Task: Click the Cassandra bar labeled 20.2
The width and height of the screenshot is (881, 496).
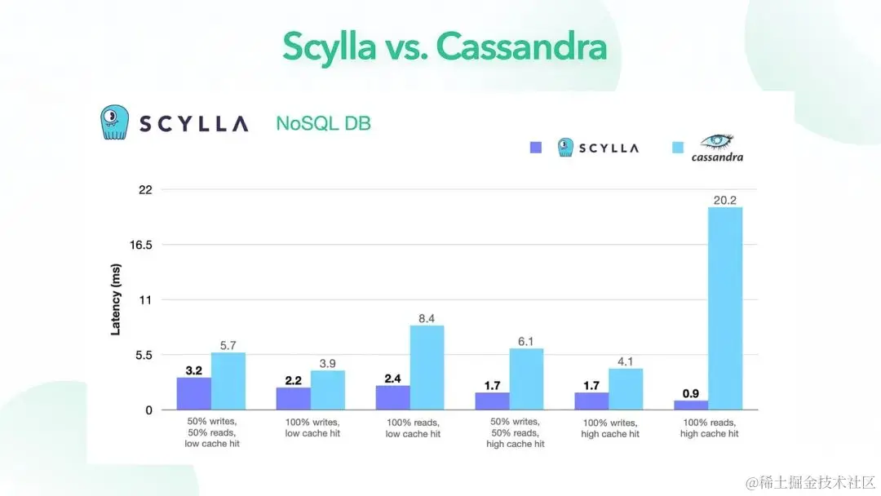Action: click(725, 308)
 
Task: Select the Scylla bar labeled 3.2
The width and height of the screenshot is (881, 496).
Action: click(194, 393)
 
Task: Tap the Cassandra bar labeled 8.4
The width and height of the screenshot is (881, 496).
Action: click(427, 368)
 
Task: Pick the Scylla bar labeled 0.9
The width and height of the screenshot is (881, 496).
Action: click(691, 405)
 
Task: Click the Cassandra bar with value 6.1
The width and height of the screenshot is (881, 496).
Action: click(526, 379)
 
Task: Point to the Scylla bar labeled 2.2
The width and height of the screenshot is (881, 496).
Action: click(294, 398)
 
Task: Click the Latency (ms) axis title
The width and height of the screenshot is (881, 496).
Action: click(116, 299)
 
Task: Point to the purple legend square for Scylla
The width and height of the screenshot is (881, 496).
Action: click(536, 148)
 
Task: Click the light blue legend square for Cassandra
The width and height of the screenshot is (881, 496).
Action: click(676, 148)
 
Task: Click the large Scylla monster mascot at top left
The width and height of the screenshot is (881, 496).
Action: click(115, 122)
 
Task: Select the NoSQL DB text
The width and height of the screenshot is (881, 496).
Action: click(323, 124)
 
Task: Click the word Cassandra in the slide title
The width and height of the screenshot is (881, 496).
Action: click(521, 47)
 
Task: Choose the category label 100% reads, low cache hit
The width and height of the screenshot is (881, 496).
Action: click(413, 428)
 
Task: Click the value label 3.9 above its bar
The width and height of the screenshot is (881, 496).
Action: click(328, 363)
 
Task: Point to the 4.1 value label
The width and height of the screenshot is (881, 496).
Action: click(626, 361)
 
